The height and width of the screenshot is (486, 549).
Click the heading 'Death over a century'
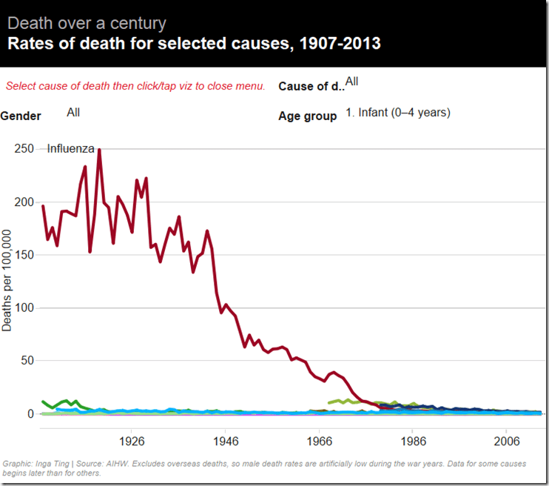(x=87, y=23)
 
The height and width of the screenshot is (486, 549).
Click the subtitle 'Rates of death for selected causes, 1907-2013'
(x=194, y=43)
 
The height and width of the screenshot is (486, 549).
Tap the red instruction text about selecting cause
(x=135, y=86)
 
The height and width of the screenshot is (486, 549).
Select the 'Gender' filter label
(x=21, y=116)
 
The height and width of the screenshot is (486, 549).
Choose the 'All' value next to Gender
(x=73, y=112)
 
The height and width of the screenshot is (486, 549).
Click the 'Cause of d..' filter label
(x=311, y=86)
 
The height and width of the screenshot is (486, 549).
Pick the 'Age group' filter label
(x=307, y=116)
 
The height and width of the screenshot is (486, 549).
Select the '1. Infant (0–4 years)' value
(x=398, y=113)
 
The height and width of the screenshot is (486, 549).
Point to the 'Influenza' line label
(x=70, y=148)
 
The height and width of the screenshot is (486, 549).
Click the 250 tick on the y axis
(x=24, y=148)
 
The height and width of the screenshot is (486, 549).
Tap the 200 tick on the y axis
(x=24, y=202)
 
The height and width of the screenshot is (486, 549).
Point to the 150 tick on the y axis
(x=24, y=254)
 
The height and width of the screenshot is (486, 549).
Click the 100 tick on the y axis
(x=24, y=307)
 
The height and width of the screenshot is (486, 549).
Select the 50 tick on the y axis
(x=27, y=360)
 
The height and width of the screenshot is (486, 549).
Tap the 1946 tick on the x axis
(x=225, y=439)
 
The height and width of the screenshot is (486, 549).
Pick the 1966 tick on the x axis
(x=319, y=439)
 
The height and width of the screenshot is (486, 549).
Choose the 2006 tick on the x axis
(x=506, y=439)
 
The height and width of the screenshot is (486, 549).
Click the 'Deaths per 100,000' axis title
(x=7, y=281)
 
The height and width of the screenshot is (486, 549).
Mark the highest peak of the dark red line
(x=99, y=150)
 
